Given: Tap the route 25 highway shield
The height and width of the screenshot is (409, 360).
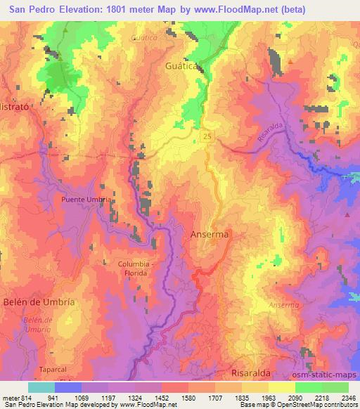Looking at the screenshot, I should (x=205, y=135).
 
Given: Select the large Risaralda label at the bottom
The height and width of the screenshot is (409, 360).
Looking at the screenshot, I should (x=252, y=372).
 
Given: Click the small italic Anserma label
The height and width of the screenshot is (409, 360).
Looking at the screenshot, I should (x=284, y=305).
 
